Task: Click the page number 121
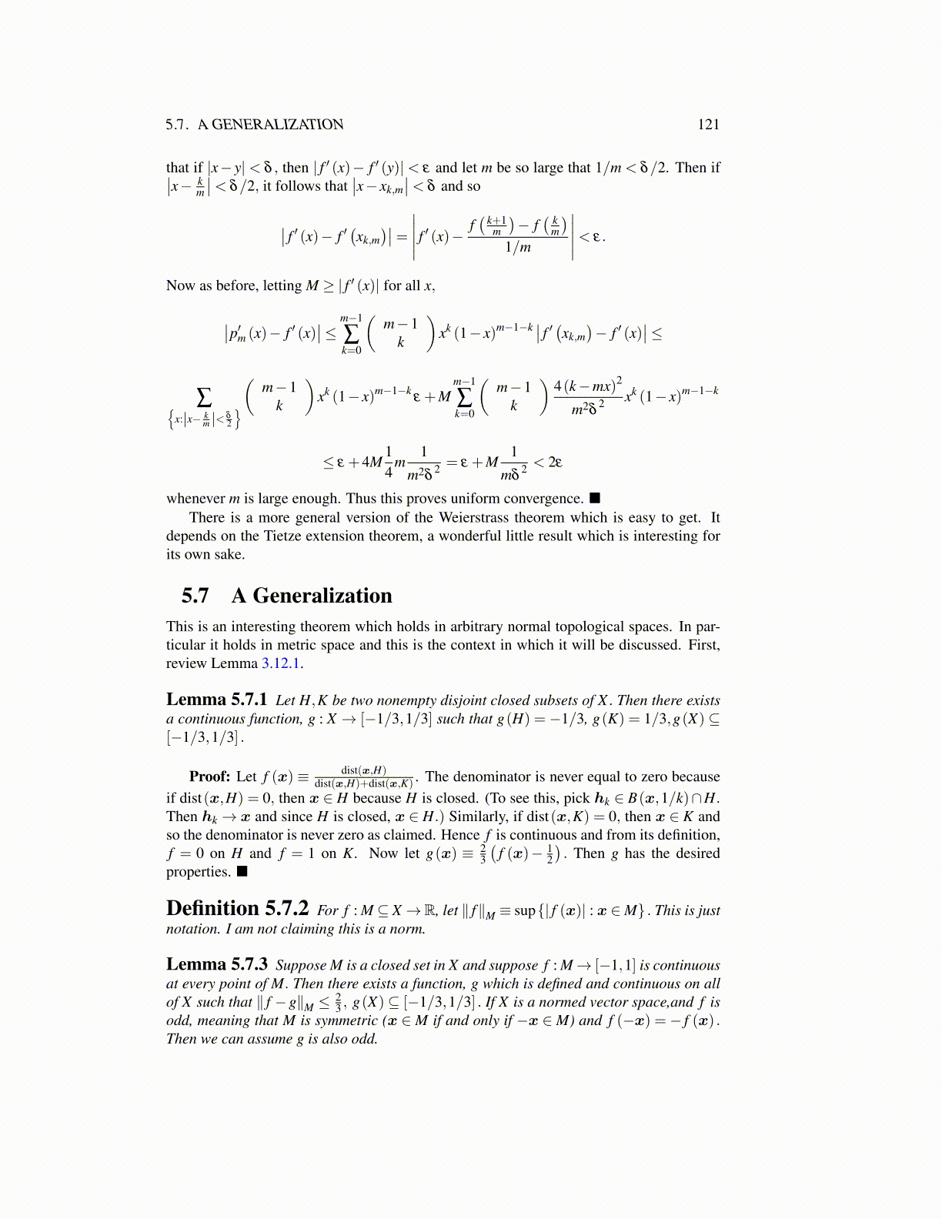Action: [x=708, y=125]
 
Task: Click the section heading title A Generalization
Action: [x=311, y=596]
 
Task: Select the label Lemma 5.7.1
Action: [x=216, y=700]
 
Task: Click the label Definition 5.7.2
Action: [x=237, y=909]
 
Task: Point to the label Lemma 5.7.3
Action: [x=216, y=964]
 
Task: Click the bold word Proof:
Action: [x=209, y=776]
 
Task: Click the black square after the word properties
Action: [x=242, y=872]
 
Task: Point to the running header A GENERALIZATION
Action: [x=270, y=125]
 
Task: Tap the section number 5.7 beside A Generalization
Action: [x=195, y=596]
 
